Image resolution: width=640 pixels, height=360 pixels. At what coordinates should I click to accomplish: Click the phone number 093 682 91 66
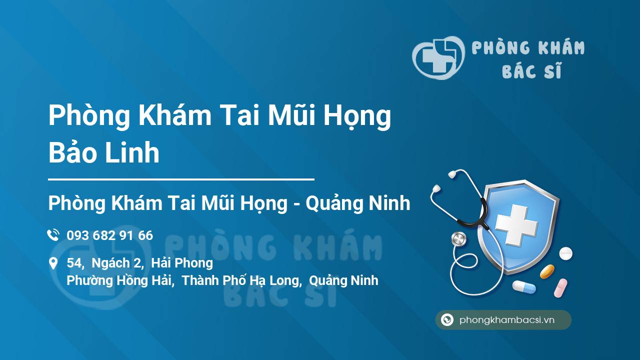[109, 235]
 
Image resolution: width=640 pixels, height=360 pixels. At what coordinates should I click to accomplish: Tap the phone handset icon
[53, 235]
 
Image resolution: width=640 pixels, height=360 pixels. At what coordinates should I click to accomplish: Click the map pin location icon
[53, 263]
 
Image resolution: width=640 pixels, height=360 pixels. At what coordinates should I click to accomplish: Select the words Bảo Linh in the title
[104, 153]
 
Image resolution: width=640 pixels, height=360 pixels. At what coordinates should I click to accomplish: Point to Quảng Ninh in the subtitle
[357, 203]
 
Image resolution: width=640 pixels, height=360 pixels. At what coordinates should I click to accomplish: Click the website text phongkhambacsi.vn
[507, 320]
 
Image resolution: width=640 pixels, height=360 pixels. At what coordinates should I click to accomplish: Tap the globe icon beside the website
[447, 320]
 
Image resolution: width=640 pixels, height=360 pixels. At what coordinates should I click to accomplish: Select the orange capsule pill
[547, 271]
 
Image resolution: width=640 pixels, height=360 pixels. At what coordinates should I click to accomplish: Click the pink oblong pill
[560, 287]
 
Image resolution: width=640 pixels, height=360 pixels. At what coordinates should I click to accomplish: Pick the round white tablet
[565, 253]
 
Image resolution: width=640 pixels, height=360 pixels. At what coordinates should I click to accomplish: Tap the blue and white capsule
[523, 286]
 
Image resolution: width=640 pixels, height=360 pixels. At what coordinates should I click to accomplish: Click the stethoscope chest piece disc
[458, 239]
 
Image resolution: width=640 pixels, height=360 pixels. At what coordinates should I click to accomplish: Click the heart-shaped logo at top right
[438, 57]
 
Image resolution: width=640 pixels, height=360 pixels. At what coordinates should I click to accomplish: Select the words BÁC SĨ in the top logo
[531, 71]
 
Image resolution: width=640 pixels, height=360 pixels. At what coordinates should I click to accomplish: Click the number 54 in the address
[74, 263]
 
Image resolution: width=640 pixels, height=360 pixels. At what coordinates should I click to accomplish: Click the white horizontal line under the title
[181, 178]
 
